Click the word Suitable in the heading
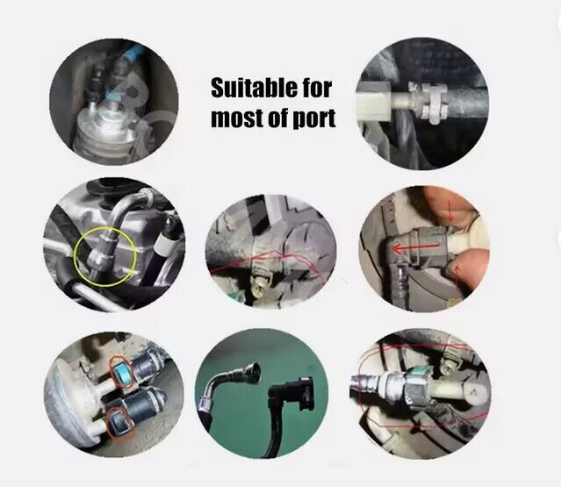[x=255, y=89]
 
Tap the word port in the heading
[x=315, y=118]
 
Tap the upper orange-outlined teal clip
[x=122, y=373]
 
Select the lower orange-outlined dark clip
[x=122, y=424]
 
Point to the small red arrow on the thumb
[x=457, y=275]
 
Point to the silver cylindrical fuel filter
[x=104, y=130]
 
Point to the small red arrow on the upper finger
[x=450, y=210]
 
